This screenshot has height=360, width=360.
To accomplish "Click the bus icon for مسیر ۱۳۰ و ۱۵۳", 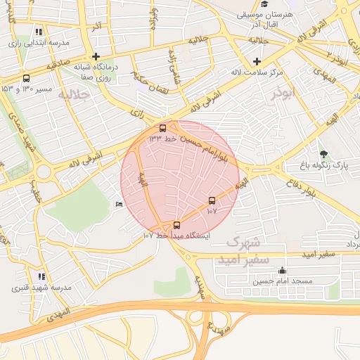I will (26, 78).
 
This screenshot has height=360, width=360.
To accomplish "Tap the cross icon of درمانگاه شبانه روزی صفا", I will (96, 56).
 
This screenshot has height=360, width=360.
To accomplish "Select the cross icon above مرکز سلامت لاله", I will (257, 62).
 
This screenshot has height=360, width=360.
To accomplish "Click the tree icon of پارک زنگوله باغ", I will (323, 154).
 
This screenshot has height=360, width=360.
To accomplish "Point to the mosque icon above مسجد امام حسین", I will (282, 271).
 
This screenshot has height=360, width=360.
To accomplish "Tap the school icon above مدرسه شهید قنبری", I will (41, 277).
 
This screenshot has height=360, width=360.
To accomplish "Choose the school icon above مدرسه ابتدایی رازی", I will (39, 32).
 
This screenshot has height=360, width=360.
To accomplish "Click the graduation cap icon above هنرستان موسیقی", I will (264, 4).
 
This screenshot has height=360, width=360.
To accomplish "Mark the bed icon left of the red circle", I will (118, 204).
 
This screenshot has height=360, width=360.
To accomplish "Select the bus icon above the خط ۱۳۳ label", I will (163, 129).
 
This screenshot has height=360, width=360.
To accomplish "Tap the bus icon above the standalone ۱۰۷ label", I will (212, 200).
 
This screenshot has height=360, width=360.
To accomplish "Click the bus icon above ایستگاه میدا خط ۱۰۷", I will (176, 225).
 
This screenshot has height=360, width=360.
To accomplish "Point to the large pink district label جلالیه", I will (75, 94).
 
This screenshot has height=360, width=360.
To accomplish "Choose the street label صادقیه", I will (60, 63).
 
